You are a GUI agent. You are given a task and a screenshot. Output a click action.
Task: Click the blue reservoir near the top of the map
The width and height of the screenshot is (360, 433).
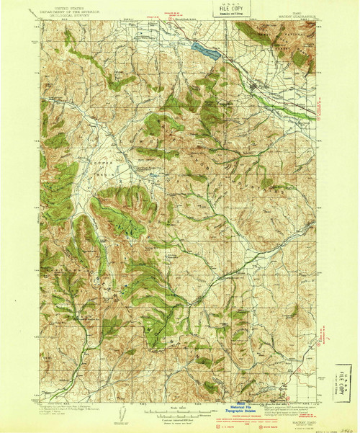pyautogui.click(x=204, y=48)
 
